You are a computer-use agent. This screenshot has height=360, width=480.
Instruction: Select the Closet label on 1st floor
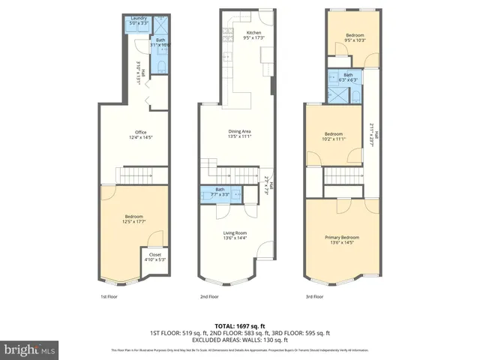pos(154,256)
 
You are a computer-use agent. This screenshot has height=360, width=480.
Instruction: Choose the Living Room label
pos(235,235)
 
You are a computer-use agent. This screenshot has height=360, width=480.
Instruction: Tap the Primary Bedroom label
pos(341,239)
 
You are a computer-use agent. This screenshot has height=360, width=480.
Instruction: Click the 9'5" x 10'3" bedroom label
pos(355,37)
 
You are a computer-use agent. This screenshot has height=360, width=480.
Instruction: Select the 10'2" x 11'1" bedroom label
pos(333,136)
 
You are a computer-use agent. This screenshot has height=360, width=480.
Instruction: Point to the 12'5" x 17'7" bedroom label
pos(131,219)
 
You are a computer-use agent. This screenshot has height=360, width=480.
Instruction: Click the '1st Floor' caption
pos(109,296)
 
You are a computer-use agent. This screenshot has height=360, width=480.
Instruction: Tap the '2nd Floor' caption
pos(209,296)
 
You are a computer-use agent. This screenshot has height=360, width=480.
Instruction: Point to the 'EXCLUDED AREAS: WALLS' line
pos(240,340)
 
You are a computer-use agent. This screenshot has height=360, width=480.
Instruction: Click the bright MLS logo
pos(30,349)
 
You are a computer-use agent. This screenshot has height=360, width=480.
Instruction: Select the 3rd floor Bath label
pos(348,76)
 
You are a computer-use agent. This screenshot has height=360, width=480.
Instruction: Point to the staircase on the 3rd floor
pos(343,178)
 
